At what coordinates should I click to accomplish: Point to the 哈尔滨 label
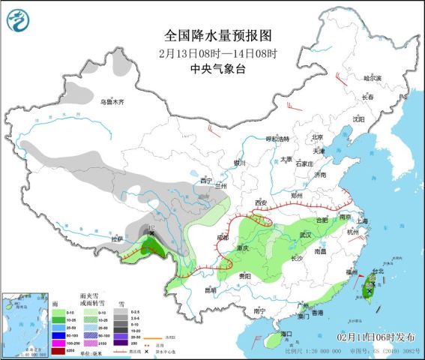[x=373, y=78]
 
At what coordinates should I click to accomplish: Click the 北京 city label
[x=316, y=136]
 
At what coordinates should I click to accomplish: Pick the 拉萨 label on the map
[x=116, y=239]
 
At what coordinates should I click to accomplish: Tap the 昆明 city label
[x=208, y=289]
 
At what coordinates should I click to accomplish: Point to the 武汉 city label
[x=305, y=235]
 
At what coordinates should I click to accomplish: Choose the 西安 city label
[x=261, y=202]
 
